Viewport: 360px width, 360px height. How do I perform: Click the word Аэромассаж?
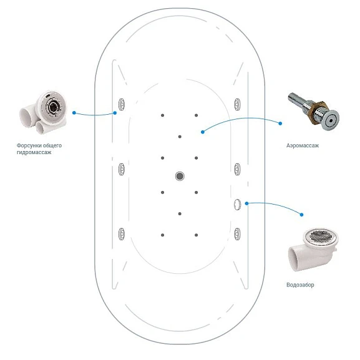[303, 145]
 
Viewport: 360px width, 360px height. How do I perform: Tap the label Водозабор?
[300, 285]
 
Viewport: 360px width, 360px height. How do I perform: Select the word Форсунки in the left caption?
[27, 145]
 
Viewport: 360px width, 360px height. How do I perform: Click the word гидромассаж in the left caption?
[34, 152]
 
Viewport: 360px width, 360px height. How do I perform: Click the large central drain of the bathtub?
[180, 176]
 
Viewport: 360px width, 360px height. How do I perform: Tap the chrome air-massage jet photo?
[313, 111]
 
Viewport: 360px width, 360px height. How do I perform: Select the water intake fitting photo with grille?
[313, 250]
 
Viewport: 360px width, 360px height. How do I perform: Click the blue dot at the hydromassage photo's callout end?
[74, 113]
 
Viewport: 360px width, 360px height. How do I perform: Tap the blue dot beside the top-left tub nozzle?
[115, 113]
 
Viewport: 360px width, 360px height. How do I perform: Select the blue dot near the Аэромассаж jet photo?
[280, 124]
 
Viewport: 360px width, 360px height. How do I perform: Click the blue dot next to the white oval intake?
[246, 203]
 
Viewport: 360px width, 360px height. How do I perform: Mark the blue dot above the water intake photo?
[302, 215]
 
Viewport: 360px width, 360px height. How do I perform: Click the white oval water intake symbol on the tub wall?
[237, 205]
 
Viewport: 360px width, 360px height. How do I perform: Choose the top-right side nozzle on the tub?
[237, 104]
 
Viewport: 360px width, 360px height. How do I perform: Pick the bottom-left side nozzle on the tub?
[122, 234]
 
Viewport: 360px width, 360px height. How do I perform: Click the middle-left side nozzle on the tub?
[122, 169]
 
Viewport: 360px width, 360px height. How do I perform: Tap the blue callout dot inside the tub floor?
[203, 132]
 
